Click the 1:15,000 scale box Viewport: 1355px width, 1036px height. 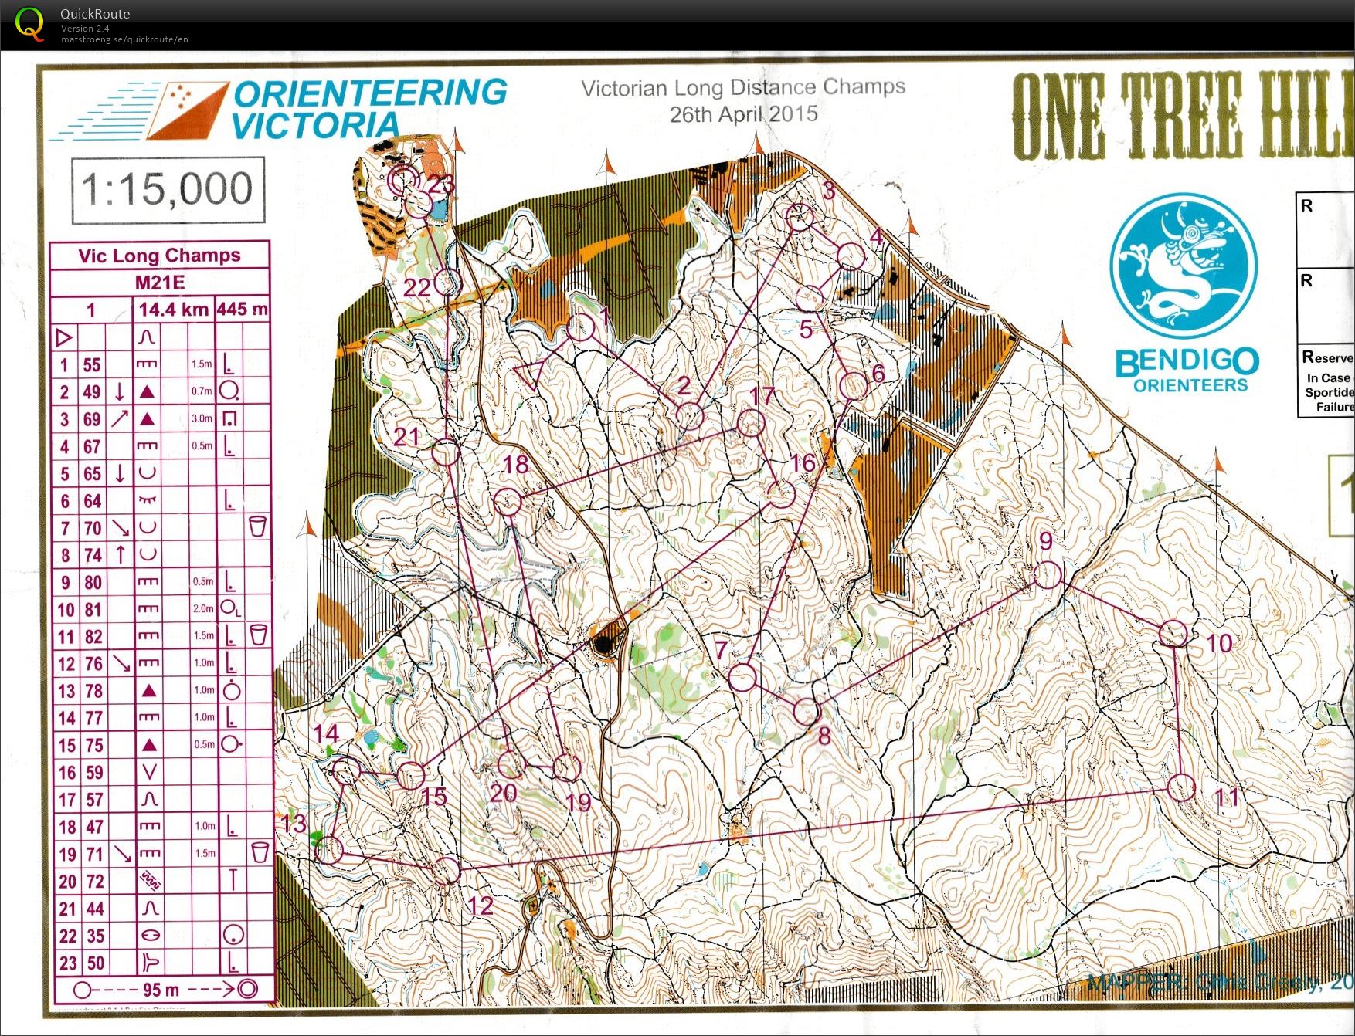tap(168, 190)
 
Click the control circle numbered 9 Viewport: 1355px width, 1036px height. tap(1048, 575)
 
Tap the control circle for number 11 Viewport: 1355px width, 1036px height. tap(1181, 787)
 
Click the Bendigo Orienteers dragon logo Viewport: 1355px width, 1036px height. tap(1183, 267)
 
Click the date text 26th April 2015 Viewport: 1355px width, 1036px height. tap(743, 115)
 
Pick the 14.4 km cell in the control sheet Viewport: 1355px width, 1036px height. tap(174, 310)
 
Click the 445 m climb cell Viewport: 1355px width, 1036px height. tap(243, 310)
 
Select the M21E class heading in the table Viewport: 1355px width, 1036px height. tap(160, 283)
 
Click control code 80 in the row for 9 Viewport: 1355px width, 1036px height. tap(93, 583)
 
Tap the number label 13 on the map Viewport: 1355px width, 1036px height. tap(294, 824)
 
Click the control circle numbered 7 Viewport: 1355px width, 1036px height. tap(742, 677)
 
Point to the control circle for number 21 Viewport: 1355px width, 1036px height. tap(445, 452)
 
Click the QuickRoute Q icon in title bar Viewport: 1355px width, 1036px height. tap(29, 23)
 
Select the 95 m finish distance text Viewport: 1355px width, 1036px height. tap(161, 990)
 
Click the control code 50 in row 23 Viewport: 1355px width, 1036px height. tap(95, 963)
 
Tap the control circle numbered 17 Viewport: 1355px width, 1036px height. tap(751, 423)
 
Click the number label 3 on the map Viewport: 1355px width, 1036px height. tap(829, 190)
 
